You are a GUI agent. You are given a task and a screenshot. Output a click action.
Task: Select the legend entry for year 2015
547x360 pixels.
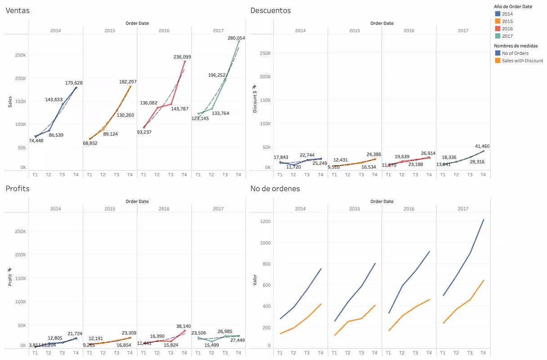tap(507, 21)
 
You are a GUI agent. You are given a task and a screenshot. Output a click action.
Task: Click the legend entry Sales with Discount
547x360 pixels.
tap(522, 61)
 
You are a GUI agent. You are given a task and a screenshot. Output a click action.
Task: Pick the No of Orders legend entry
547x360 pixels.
tap(515, 53)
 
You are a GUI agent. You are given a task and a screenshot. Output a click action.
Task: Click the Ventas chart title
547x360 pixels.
tap(18, 10)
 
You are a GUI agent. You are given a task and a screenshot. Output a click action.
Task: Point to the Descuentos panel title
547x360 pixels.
tap(270, 10)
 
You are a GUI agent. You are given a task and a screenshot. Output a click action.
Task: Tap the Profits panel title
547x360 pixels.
tap(18, 189)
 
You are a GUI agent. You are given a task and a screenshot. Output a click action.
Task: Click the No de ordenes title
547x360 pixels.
tap(275, 189)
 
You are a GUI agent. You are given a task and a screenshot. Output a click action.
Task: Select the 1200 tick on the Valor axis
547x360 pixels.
tap(265, 221)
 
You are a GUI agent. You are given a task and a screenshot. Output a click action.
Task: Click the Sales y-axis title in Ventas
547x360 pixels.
tap(10, 101)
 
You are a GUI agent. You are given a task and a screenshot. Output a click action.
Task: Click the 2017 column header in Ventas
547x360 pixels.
tap(218, 31)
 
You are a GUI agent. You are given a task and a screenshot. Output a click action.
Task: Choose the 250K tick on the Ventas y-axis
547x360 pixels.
tap(20, 55)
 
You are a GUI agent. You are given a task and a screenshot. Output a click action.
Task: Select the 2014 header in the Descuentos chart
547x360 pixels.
tap(300, 31)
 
